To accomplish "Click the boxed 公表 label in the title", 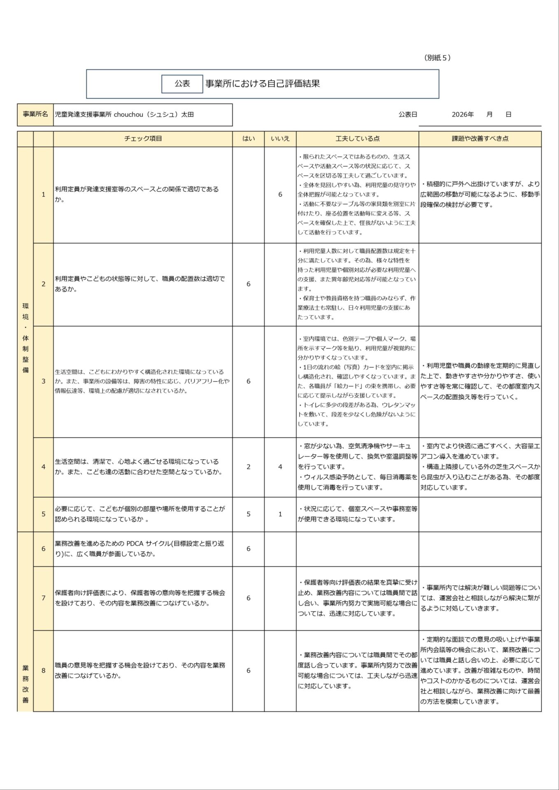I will click(182, 84).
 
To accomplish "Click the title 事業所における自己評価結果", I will click(263, 84).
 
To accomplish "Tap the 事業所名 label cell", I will click(35, 114).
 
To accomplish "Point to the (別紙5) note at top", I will click(437, 58).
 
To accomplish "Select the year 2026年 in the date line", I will click(462, 115).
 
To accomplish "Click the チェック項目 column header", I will click(143, 139).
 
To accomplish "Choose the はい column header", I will click(248, 139).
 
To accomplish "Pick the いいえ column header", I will click(280, 139).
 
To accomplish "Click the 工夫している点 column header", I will click(357, 139).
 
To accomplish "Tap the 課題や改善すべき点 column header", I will click(480, 139).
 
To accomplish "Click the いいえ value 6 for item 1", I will click(280, 194).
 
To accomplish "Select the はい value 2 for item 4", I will click(248, 467).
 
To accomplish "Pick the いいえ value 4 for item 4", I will click(280, 467).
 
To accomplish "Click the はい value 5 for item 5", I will click(248, 514).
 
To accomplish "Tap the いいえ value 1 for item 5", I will click(280, 514).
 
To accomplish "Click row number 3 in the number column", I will click(43, 381).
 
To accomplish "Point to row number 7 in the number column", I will click(43, 598).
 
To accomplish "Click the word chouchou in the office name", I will click(128, 115).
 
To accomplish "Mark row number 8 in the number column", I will click(43, 670).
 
